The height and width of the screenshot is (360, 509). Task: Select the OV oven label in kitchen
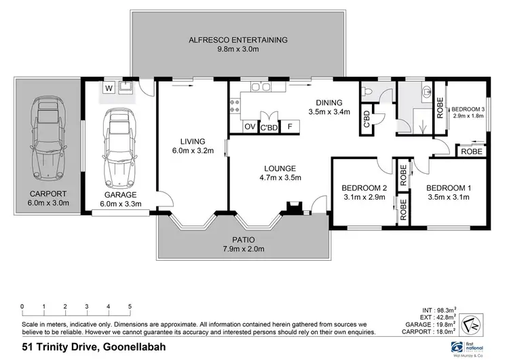[x=249, y=126]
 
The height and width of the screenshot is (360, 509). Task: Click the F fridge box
[x=290, y=126]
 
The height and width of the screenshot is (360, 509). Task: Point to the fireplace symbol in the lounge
[x=294, y=209]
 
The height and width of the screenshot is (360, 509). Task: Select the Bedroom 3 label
[x=469, y=109]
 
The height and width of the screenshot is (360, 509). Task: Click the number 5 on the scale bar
[x=129, y=306]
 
